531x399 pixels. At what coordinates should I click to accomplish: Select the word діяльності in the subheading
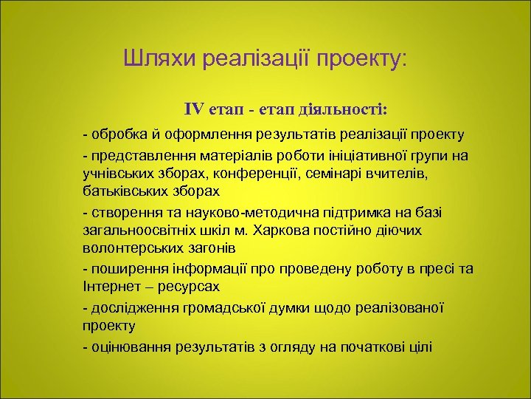(342, 110)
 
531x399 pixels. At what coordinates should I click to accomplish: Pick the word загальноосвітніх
(139, 231)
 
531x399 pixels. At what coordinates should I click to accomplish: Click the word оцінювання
(125, 347)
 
